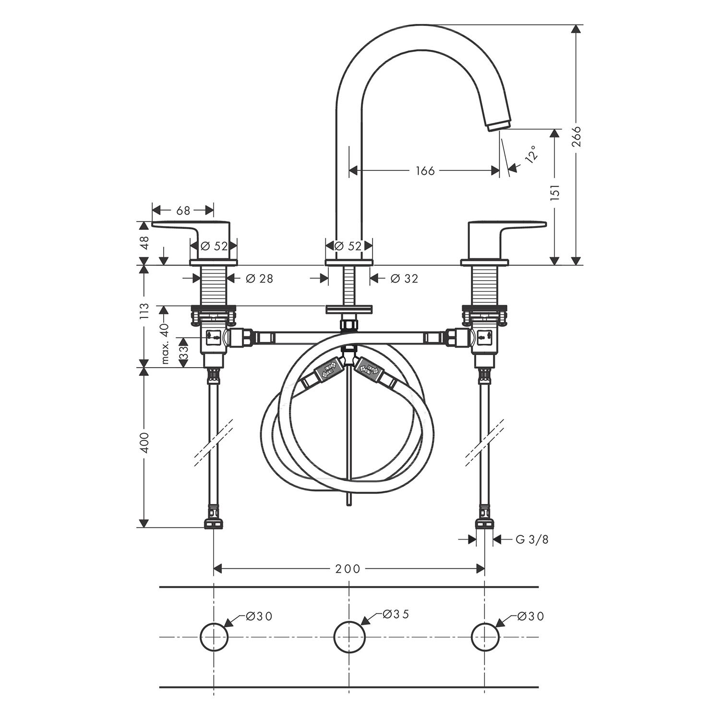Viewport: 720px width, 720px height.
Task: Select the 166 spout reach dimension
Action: tap(425, 170)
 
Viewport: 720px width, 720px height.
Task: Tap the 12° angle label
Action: tap(530, 155)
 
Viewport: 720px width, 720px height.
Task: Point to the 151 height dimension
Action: tap(556, 192)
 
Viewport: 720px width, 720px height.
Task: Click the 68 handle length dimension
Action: tap(183, 210)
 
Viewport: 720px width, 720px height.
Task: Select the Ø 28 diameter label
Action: tap(259, 278)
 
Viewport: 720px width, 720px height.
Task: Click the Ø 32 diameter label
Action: tap(404, 278)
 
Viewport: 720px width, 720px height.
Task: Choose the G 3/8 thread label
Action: tap(532, 540)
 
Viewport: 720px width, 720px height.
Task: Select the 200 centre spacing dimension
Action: tap(348, 569)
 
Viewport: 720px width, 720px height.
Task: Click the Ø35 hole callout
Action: tap(396, 614)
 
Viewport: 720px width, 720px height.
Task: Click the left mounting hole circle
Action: tap(214, 637)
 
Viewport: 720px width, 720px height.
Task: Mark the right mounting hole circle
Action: tap(485, 637)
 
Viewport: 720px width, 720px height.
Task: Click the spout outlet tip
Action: tap(499, 126)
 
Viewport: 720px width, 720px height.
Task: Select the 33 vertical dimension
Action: tap(183, 352)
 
